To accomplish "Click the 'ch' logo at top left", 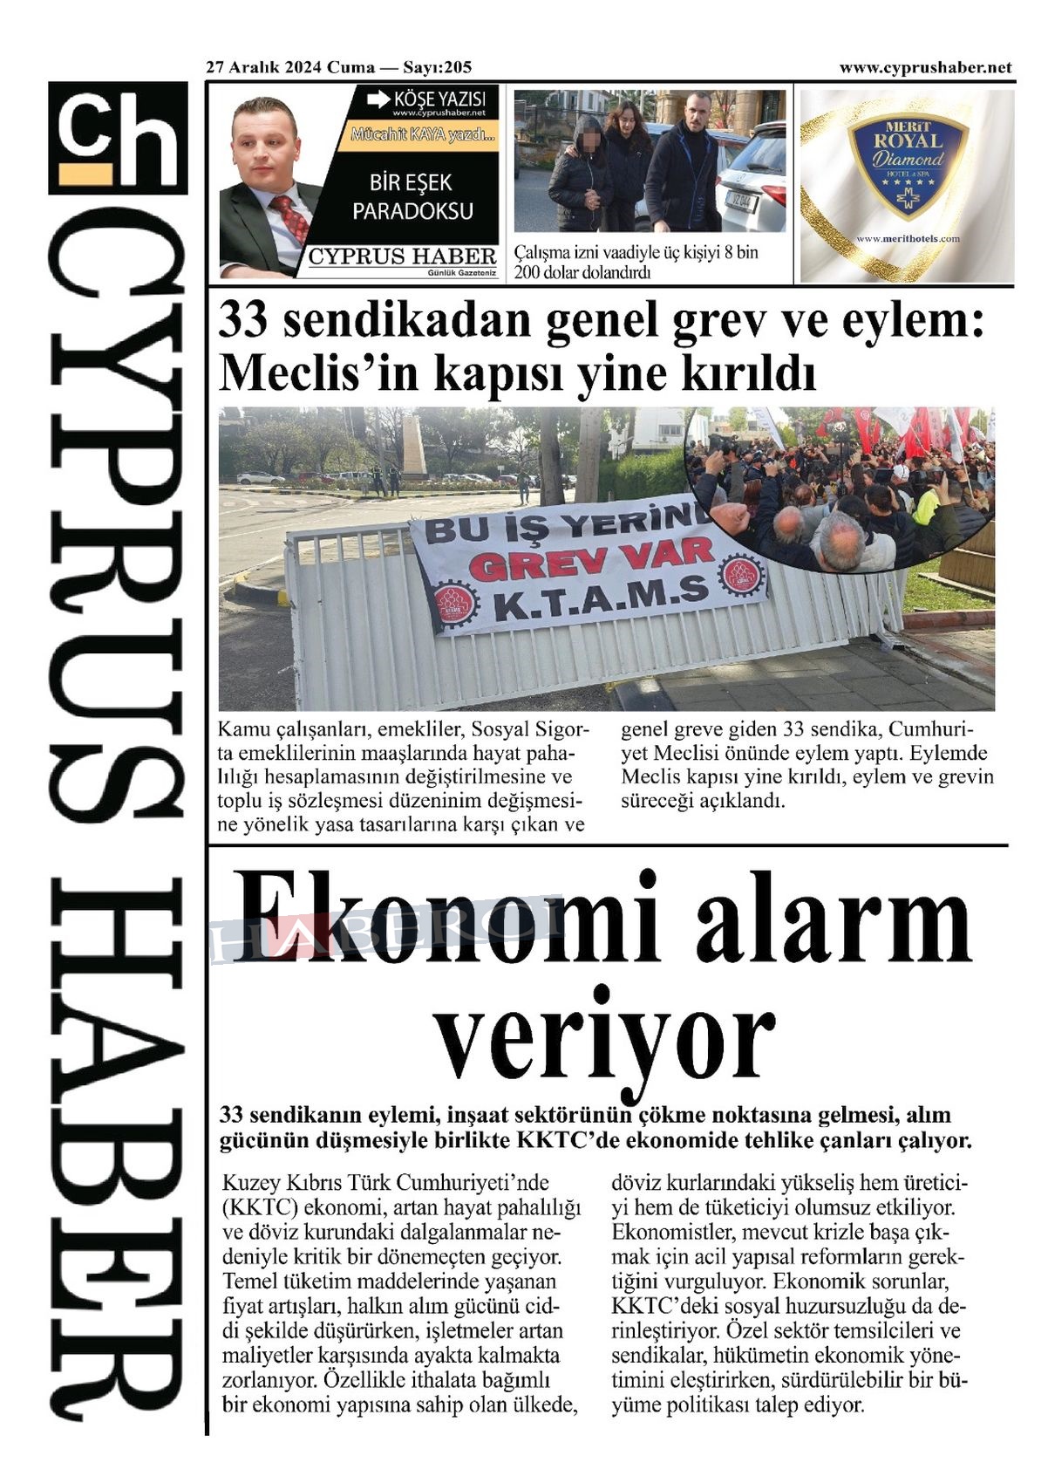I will [118, 138].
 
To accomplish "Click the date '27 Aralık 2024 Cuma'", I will [290, 67].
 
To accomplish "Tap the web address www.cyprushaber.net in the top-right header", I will [925, 67].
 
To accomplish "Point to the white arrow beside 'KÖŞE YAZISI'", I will [378, 99].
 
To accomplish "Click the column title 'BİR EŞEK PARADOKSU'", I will [412, 196].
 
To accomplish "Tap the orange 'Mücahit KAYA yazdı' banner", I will [424, 135].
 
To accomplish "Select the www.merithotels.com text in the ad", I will [907, 238].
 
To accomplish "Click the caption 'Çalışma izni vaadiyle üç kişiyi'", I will [636, 253].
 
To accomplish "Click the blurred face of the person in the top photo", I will [588, 140].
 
